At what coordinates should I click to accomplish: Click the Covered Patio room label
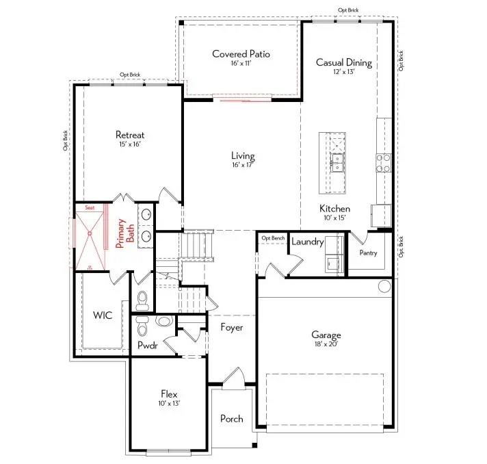241,53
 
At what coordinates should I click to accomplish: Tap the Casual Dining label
343,62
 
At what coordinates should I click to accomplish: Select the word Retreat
129,135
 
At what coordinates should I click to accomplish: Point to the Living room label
242,156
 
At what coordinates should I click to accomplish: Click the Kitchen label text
334,208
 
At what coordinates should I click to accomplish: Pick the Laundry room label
307,242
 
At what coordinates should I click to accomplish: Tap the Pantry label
369,253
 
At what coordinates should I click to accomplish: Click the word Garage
326,335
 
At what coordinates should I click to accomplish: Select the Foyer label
232,327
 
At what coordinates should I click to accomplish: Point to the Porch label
231,418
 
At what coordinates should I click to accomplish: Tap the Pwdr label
147,346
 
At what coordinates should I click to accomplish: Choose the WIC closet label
103,315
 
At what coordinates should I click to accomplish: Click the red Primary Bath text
124,235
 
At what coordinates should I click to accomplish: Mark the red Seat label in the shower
89,207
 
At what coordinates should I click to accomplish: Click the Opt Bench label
273,237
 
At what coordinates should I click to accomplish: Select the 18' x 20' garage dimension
326,344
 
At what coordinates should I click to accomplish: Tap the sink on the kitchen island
337,163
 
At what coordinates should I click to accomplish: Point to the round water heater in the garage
384,285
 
